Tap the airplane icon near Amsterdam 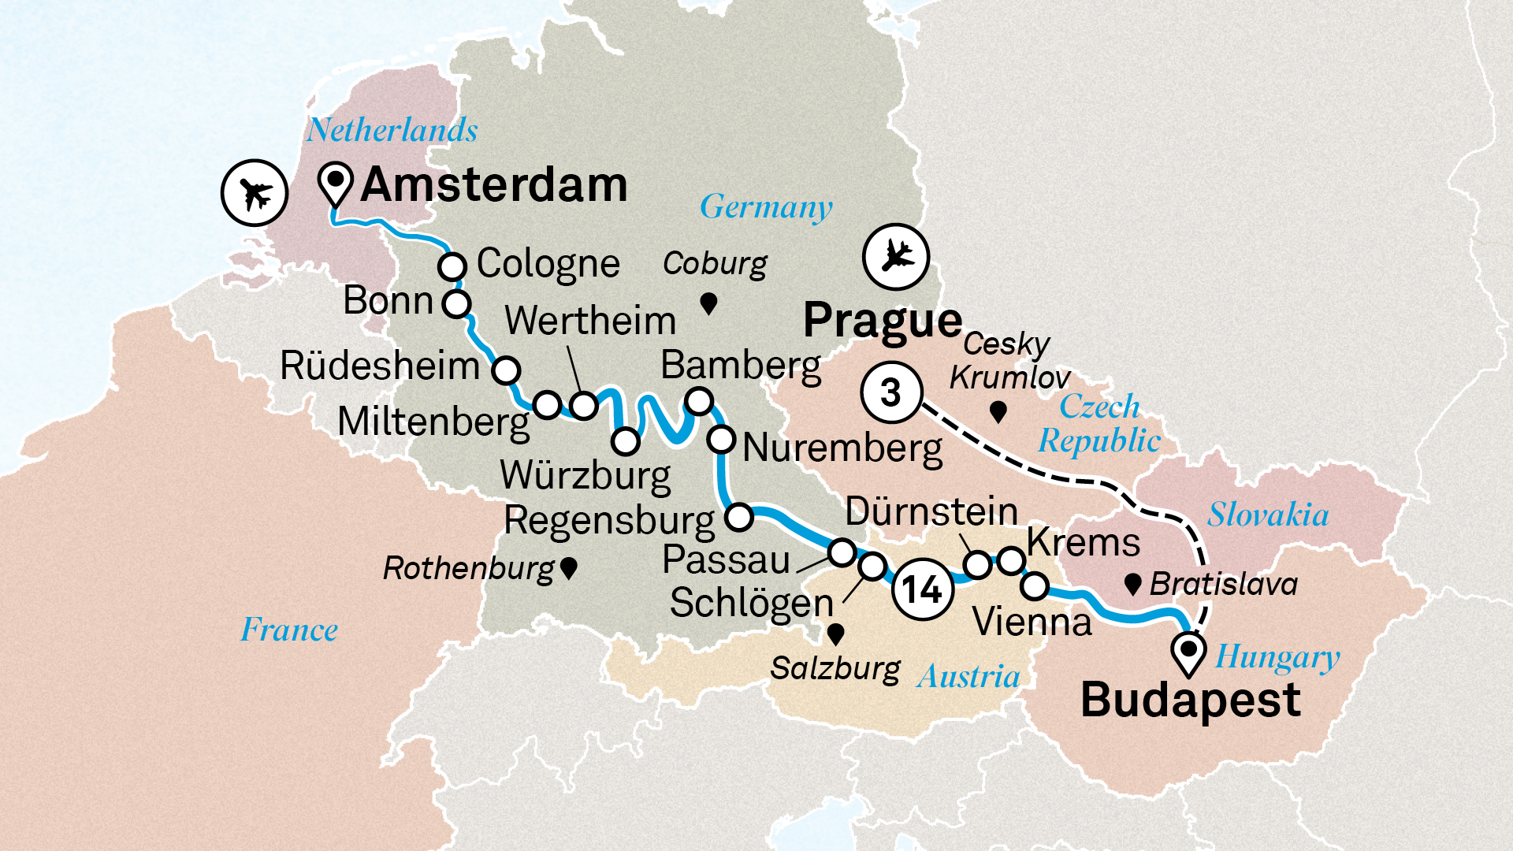254,192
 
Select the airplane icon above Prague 896,256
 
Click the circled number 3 891,392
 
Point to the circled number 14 922,589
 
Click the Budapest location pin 1188,652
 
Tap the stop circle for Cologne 452,266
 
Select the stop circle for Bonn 456,303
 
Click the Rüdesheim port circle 506,369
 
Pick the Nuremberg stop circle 721,439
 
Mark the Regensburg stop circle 739,517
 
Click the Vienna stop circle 1035,586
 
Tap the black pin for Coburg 708,303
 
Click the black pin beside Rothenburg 569,567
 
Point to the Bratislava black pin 1133,584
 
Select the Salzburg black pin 836,634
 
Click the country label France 289,630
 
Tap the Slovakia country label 1268,515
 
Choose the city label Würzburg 585,475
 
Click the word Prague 883,321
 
